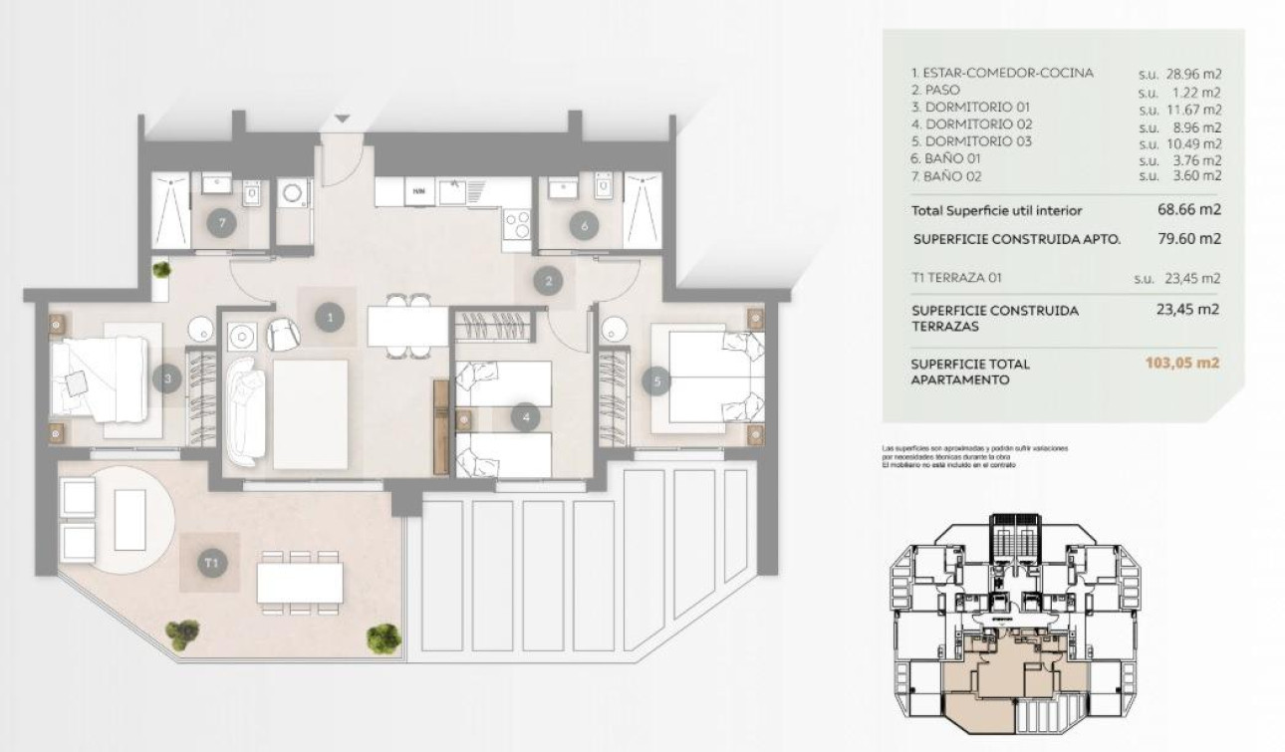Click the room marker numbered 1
click(329, 318)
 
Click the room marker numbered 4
click(526, 417)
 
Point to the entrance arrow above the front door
click(342, 120)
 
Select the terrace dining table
click(300, 583)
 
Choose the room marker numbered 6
click(584, 225)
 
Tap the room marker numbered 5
click(655, 378)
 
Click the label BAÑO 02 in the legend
click(953, 176)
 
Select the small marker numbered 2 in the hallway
click(547, 281)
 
